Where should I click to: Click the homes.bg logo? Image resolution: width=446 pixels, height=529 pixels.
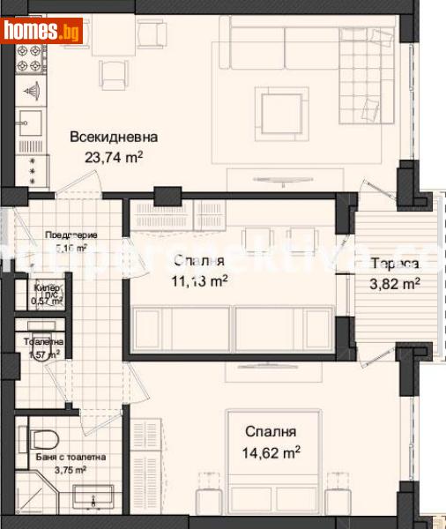[42, 32]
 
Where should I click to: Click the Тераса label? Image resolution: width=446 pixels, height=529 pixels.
[394, 264]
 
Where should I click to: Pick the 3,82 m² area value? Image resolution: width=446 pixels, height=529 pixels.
[394, 283]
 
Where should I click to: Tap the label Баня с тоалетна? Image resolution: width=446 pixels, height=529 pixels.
[71, 458]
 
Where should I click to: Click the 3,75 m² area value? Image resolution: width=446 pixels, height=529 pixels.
[71, 471]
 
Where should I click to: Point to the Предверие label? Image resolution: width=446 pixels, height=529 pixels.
[71, 235]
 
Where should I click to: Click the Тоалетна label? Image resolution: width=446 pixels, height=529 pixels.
[44, 342]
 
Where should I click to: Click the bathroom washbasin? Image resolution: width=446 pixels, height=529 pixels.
[94, 499]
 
